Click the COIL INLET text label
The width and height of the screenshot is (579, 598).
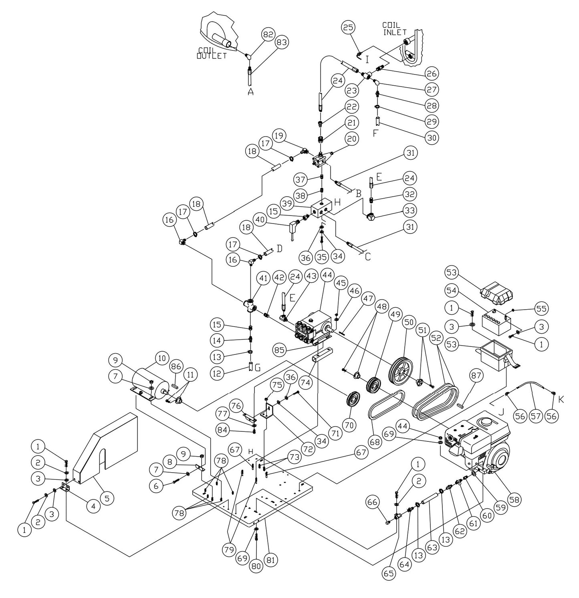click(x=395, y=28)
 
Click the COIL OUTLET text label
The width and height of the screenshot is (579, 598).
click(x=211, y=53)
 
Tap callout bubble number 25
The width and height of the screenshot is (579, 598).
click(x=348, y=28)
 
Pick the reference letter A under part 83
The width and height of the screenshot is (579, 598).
click(x=251, y=92)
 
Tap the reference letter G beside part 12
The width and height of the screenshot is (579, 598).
click(x=258, y=367)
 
